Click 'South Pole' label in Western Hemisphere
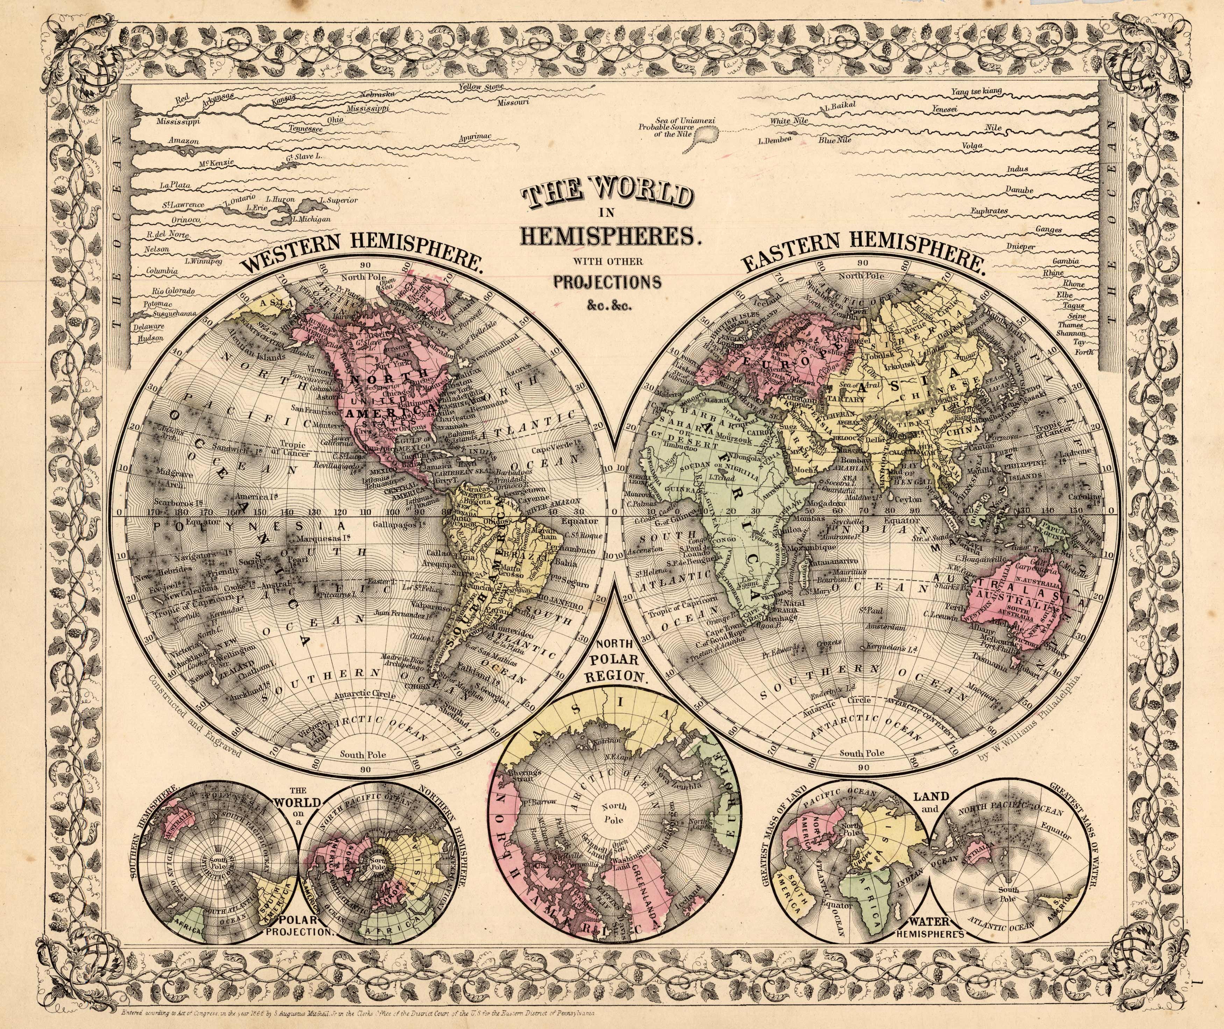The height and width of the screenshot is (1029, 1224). click(364, 754)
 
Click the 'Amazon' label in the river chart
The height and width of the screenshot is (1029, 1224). click(183, 141)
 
